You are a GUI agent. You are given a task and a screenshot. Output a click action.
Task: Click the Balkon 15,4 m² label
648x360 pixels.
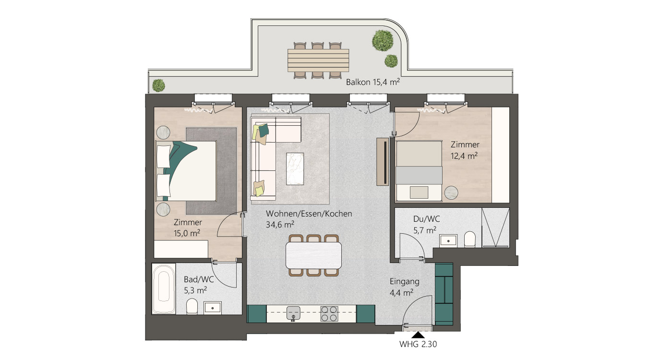[372, 82]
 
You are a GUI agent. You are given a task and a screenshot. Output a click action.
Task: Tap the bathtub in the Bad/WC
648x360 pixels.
[164, 288]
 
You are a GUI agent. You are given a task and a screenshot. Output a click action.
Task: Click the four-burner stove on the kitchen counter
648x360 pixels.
[329, 314]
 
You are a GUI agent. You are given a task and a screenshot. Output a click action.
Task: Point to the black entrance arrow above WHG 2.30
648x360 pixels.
[418, 335]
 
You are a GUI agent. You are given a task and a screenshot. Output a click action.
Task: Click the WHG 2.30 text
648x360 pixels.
[418, 344]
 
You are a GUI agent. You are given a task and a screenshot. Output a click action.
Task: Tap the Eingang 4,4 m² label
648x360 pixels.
[404, 287]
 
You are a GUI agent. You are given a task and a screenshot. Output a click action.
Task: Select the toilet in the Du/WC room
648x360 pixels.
[470, 239]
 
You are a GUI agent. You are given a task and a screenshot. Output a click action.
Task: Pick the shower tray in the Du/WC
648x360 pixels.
[495, 228]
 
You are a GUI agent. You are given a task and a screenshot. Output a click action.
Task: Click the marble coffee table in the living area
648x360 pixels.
[295, 168]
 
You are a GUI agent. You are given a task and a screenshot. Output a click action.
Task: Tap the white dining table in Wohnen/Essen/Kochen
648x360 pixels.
[313, 255]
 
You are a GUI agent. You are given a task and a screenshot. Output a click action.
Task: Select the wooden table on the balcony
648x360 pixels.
[318, 60]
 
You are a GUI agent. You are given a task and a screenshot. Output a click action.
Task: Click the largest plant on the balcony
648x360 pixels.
[383, 40]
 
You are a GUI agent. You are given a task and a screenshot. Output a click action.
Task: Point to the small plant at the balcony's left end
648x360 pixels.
[158, 85]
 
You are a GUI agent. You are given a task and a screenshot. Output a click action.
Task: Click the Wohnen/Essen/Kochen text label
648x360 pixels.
[309, 214]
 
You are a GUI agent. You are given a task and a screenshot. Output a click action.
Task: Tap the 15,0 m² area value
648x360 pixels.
[187, 233]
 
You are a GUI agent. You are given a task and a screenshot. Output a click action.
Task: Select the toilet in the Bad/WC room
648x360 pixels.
[192, 306]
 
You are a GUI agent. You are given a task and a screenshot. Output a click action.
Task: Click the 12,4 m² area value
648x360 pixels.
[464, 156]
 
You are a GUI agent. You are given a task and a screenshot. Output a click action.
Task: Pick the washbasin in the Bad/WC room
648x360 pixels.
[213, 308]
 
